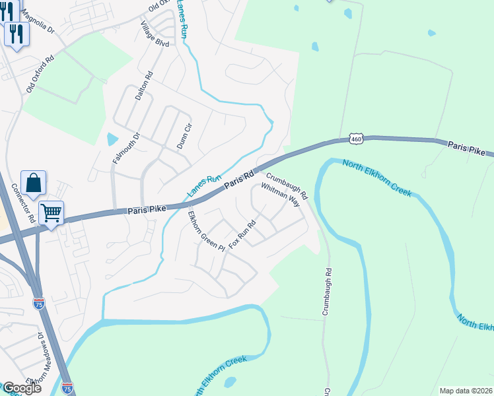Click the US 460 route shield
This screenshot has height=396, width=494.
(357, 139)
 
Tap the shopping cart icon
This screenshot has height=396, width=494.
(51, 213)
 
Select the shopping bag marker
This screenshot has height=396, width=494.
(33, 183)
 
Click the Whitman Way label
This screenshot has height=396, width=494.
(281, 195)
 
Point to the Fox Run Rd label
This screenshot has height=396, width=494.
(242, 234)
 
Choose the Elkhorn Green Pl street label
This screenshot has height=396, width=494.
(197, 229)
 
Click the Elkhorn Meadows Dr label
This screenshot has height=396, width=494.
(35, 360)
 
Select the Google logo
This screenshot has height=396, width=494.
(21, 388)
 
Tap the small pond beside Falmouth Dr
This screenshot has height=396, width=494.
(112, 139)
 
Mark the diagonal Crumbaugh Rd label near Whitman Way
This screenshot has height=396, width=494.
(287, 185)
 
